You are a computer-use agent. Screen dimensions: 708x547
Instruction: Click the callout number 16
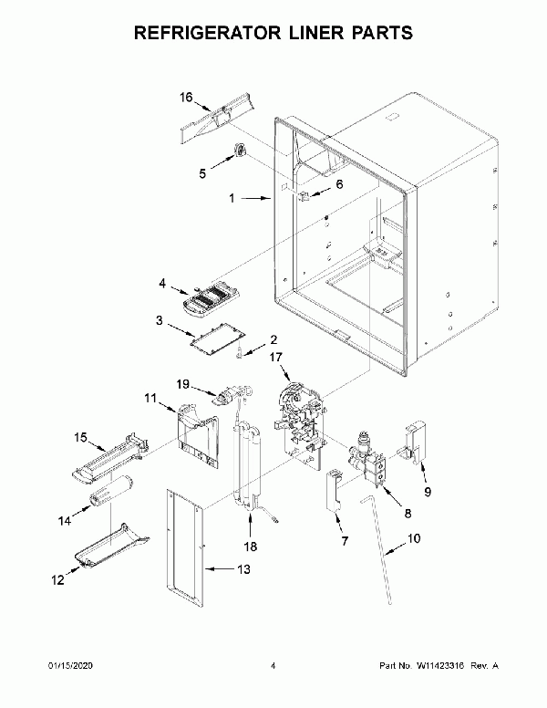(186, 97)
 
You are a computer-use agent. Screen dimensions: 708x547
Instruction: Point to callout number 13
(242, 570)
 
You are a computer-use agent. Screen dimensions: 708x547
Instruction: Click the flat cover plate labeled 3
(211, 337)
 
